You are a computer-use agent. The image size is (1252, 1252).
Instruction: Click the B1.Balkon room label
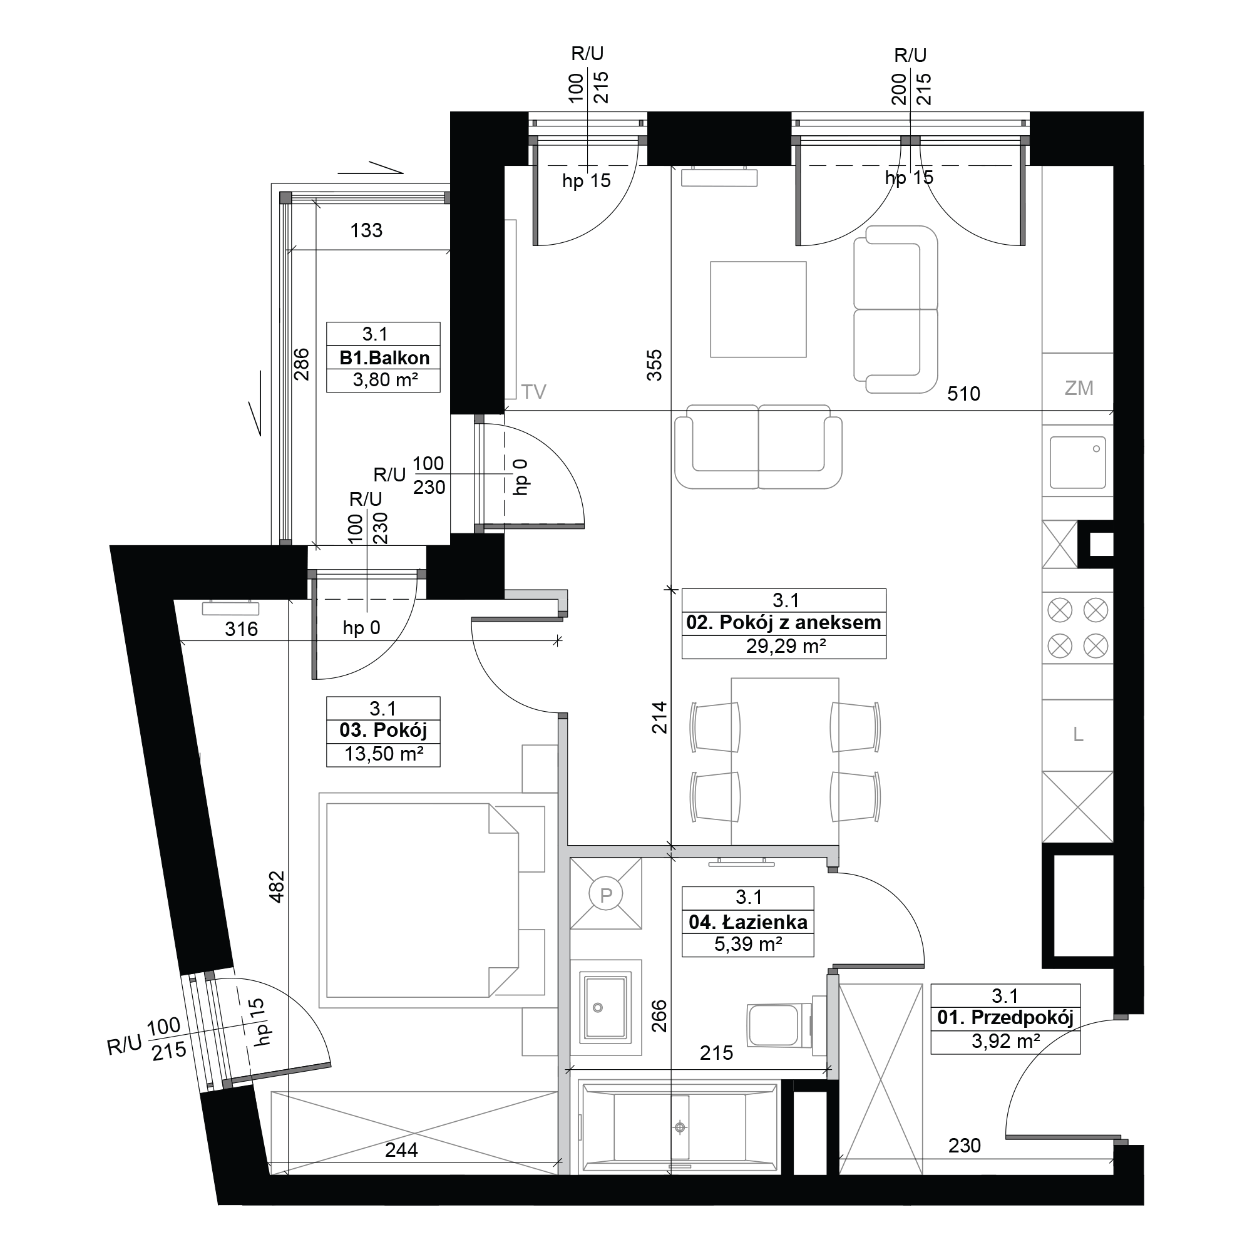coord(384,357)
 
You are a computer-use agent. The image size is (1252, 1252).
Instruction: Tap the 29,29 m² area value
coord(786,646)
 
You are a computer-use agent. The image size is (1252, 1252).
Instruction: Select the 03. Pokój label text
coord(383,731)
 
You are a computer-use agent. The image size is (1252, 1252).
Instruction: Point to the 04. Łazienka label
coord(749,921)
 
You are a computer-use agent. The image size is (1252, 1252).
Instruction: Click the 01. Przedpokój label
coord(1005,1017)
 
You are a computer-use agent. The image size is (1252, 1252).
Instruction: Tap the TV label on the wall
coord(534,391)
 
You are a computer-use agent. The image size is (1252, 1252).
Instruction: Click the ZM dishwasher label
coord(1079,388)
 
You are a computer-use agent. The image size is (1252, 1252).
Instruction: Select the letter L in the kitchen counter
coord(1078,734)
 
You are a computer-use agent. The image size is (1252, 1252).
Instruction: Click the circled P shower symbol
coord(606,895)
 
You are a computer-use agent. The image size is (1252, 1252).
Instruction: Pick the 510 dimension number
coord(963,393)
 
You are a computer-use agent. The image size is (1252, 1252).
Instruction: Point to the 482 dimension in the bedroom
coord(277,886)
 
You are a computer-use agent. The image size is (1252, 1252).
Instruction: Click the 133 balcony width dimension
coord(366,230)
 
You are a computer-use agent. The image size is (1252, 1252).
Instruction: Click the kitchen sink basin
coord(1078,461)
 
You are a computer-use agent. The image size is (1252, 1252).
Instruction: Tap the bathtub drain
coord(680,1127)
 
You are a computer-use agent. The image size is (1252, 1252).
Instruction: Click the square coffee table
coord(758,309)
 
